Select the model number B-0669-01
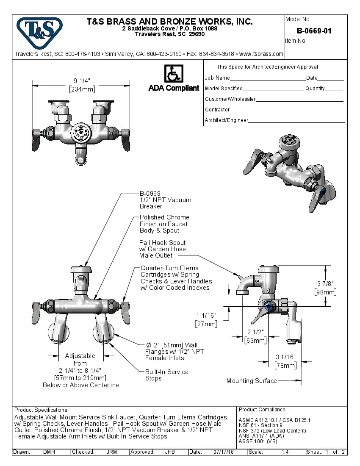[x=314, y=31]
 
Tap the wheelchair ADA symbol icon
[x=173, y=73]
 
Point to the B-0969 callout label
[x=150, y=193]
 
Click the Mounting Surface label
[x=251, y=381]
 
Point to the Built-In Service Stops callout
[x=166, y=375]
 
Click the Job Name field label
[x=217, y=78]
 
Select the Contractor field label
[x=217, y=110]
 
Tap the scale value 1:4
[x=285, y=452]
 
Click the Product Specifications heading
[x=41, y=410]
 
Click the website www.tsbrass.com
[x=261, y=54]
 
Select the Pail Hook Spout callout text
[x=163, y=249]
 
